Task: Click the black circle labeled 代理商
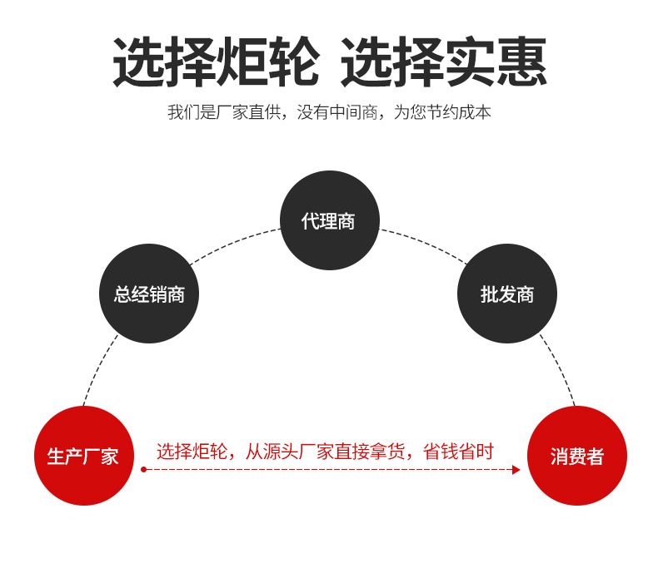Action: (x=329, y=220)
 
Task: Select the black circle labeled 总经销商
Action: (x=149, y=294)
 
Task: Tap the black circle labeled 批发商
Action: (x=506, y=294)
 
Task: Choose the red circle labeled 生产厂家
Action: (x=83, y=456)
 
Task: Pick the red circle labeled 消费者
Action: (x=576, y=456)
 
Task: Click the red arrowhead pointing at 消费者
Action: (x=516, y=470)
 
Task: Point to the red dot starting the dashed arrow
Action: (x=144, y=470)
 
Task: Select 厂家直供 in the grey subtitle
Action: (x=251, y=112)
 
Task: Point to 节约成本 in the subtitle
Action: (x=461, y=112)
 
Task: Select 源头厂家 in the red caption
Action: (x=295, y=452)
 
